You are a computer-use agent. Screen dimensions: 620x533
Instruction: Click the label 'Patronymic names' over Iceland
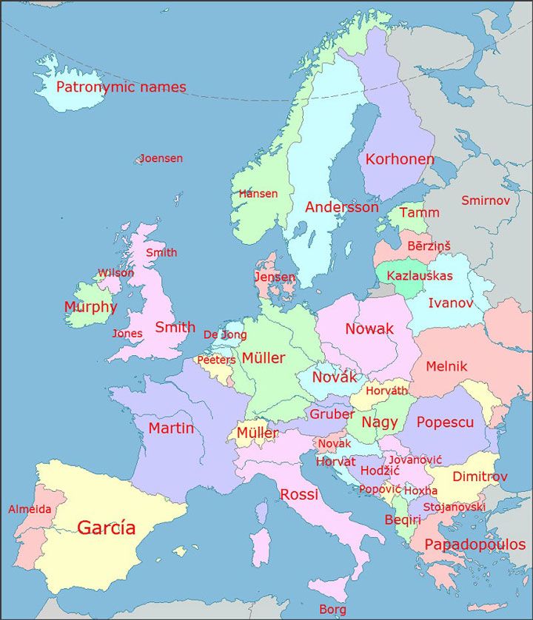tap(121, 87)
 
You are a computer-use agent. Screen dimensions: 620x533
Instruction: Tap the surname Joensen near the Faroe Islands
tap(161, 158)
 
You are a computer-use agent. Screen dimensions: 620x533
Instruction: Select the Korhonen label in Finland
tap(400, 159)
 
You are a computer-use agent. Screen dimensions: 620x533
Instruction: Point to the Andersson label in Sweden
tap(342, 208)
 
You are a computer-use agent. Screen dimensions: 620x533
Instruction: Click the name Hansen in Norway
tap(258, 194)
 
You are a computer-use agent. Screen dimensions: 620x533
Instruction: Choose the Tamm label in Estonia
tap(419, 213)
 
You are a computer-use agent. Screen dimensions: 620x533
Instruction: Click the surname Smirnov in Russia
tap(486, 201)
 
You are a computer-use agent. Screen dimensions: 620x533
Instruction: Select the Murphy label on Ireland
tap(90, 307)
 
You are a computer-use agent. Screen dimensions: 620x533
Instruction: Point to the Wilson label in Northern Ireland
tap(116, 273)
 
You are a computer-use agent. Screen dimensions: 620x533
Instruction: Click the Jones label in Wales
tap(127, 334)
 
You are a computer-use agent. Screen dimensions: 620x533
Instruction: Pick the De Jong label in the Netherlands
tap(224, 335)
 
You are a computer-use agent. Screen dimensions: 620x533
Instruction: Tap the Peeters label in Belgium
tap(215, 360)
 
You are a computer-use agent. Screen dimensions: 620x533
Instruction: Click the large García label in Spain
tap(107, 528)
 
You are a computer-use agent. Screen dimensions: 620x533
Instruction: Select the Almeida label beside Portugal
tap(30, 509)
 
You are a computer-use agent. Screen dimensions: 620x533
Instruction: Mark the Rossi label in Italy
tap(299, 494)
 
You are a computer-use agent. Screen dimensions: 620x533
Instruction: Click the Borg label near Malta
tap(332, 609)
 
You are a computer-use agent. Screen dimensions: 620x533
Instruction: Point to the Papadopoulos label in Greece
tap(475, 545)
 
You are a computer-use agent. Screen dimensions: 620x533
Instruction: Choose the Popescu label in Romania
tap(445, 422)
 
